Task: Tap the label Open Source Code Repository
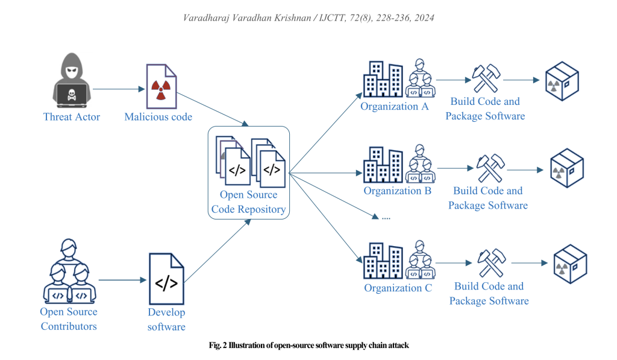click(x=248, y=202)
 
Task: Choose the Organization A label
click(x=394, y=107)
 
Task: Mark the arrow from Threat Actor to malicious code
click(x=119, y=90)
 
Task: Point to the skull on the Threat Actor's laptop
click(x=71, y=94)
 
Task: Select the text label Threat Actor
click(x=71, y=117)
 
